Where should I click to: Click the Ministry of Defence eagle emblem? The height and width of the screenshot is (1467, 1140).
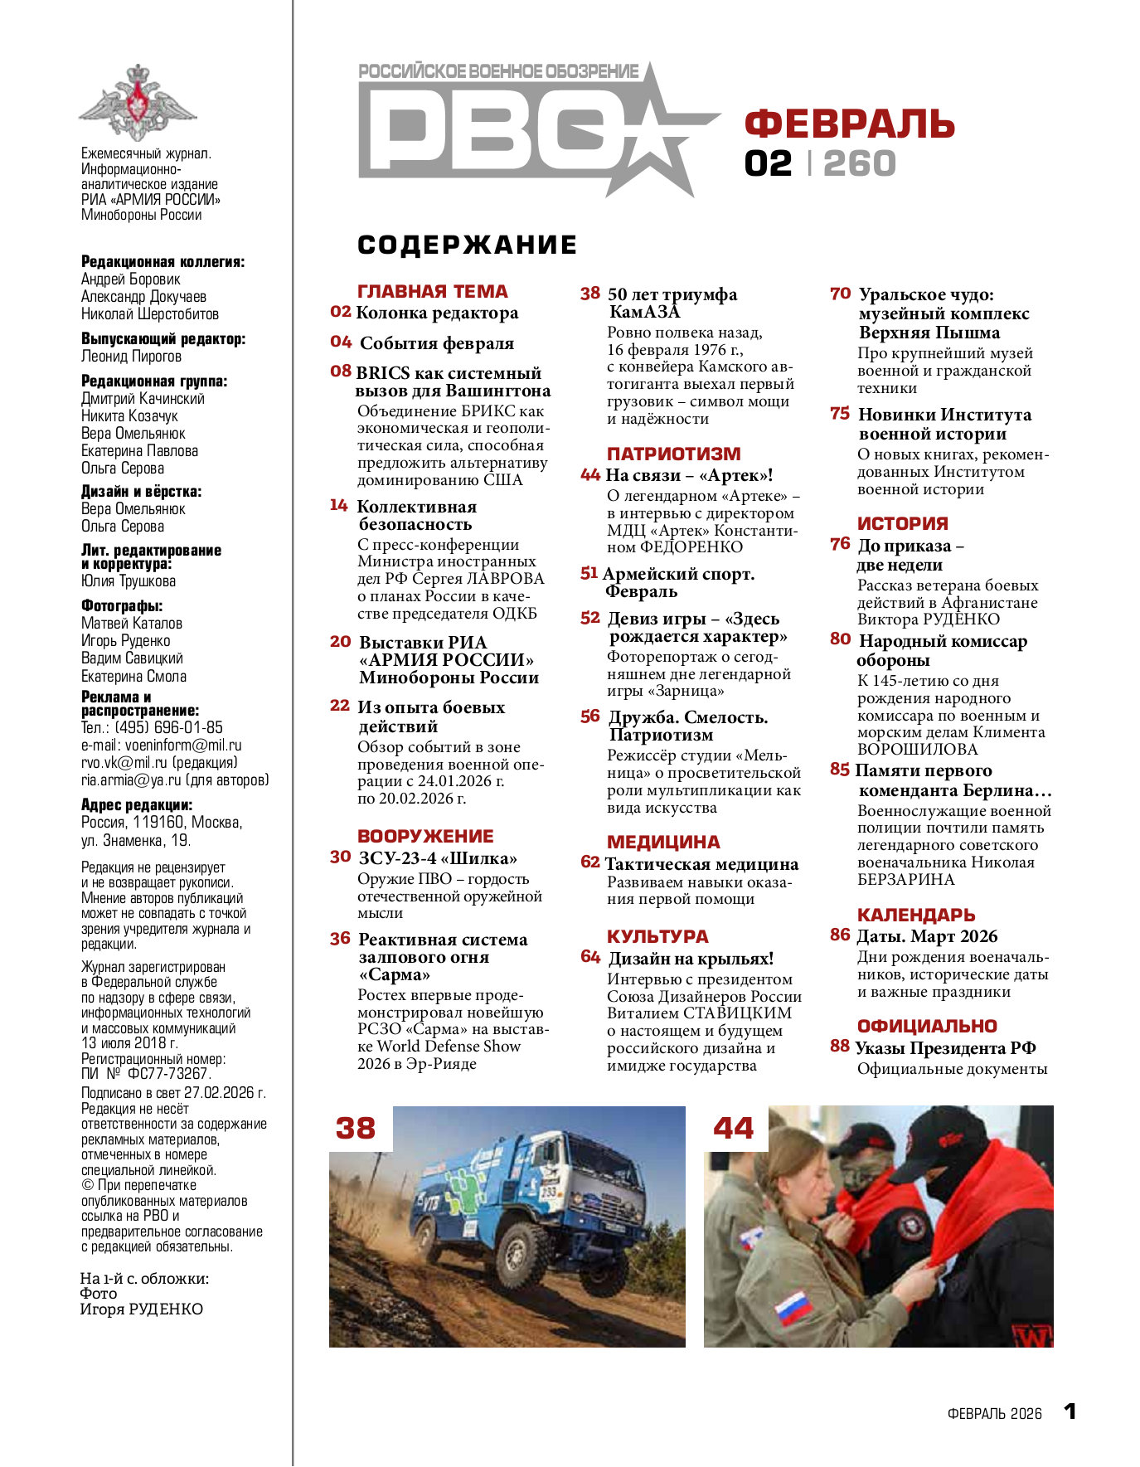click(x=138, y=103)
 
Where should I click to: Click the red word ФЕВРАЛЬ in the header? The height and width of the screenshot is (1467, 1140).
click(x=849, y=124)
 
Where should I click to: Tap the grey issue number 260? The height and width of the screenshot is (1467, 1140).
click(x=860, y=163)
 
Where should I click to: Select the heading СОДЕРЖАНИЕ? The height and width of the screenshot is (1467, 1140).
click(x=467, y=245)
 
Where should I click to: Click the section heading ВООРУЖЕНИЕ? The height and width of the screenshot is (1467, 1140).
click(x=425, y=836)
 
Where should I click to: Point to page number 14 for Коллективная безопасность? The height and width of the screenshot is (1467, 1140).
click(x=338, y=505)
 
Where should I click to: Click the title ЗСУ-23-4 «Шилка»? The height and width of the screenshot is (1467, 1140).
click(x=437, y=857)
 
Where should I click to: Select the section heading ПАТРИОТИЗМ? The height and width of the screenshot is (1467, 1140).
click(x=673, y=454)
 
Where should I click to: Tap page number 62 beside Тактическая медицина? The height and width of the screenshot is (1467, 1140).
click(x=589, y=862)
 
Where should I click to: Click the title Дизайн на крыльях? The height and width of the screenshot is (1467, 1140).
click(x=691, y=959)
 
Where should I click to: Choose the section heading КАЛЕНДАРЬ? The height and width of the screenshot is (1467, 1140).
click(x=915, y=915)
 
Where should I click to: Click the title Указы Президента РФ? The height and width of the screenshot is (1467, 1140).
click(x=945, y=1048)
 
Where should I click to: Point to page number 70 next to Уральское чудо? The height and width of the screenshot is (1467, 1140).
click(x=840, y=294)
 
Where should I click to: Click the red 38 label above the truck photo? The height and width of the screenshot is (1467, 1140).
click(x=355, y=1129)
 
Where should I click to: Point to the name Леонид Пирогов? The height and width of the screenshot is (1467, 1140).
click(x=131, y=357)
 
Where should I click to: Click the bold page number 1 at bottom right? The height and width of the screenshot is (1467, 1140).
click(x=1070, y=1411)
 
